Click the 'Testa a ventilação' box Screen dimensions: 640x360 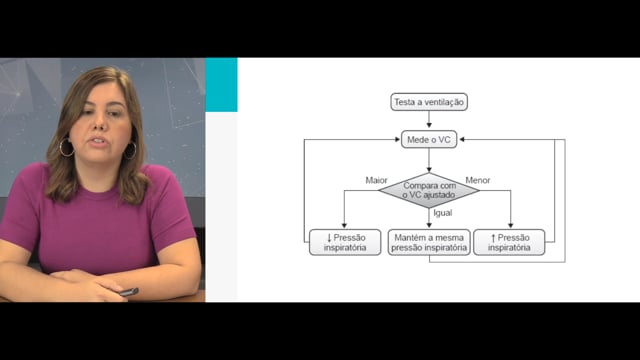coord(429,102)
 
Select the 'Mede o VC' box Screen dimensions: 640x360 coord(429,140)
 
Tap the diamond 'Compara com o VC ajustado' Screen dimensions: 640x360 coord(429,190)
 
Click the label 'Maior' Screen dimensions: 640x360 coord(376,180)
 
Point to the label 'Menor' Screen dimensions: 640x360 coord(478,180)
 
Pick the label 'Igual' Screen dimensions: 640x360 coord(443,213)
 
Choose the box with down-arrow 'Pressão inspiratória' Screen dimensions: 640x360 coord(345,242)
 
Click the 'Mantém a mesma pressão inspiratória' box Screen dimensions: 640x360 coord(429,242)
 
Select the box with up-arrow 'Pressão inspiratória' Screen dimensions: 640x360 coord(509,242)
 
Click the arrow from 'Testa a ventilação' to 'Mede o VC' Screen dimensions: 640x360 coord(429,119)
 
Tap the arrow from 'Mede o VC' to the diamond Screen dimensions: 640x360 coord(429,160)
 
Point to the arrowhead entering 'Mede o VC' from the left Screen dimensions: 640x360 coord(398,140)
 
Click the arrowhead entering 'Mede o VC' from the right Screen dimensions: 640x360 coord(462,140)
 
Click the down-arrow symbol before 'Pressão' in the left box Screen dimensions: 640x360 coord(329,238)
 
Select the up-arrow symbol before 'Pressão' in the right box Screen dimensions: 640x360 coord(493,238)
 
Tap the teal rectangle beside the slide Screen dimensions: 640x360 coord(221,84)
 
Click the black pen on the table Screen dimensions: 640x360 coord(129,292)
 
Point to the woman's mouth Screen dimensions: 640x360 coord(98,141)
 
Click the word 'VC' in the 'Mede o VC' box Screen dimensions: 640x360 coord(444,140)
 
